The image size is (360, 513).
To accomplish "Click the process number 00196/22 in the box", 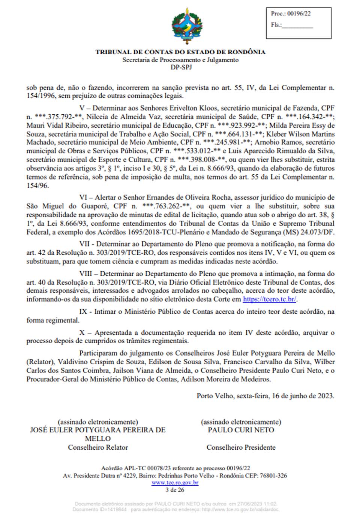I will (299, 14).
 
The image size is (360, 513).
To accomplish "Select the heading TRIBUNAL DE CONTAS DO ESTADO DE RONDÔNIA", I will (180, 52).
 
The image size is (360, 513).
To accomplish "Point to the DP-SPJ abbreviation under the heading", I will (181, 67).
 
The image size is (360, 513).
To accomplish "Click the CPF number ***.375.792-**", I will (58, 117).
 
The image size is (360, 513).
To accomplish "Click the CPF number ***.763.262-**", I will (166, 206).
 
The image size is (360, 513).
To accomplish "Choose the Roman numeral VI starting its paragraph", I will (83, 197).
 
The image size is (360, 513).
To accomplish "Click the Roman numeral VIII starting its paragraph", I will (86, 274).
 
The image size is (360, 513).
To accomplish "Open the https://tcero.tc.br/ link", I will (270, 299).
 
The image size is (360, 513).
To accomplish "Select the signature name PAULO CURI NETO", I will (241, 430).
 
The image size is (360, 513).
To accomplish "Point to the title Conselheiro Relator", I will (98, 447).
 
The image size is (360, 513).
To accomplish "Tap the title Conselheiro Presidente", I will (241, 447).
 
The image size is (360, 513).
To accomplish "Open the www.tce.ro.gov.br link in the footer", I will (175, 483).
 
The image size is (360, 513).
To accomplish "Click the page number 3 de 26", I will (175, 490).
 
